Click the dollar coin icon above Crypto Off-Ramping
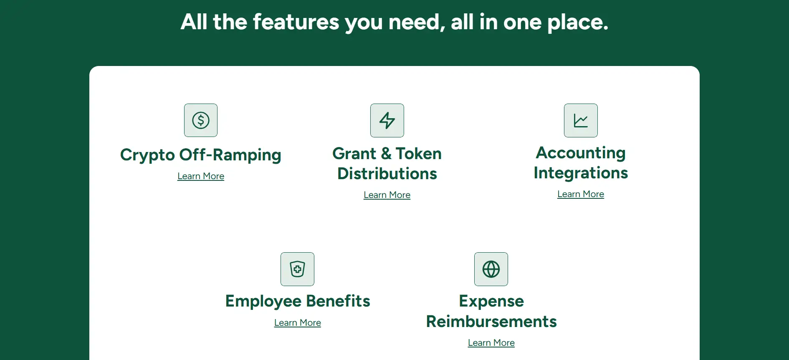click(201, 120)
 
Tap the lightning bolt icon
click(387, 120)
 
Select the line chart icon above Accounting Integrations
click(581, 120)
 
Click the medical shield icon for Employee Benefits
click(297, 269)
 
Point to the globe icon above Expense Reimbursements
click(491, 269)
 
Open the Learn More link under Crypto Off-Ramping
click(201, 176)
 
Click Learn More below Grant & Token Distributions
click(387, 195)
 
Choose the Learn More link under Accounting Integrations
click(581, 194)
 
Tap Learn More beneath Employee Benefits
click(298, 323)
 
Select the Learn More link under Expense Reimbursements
click(491, 343)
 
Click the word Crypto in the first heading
click(147, 155)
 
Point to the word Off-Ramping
click(230, 155)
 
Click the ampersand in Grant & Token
click(386, 154)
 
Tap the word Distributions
click(387, 174)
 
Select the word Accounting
click(581, 153)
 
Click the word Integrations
click(581, 173)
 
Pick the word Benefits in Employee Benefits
click(338, 301)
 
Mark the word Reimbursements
click(491, 322)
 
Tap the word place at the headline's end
click(578, 23)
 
